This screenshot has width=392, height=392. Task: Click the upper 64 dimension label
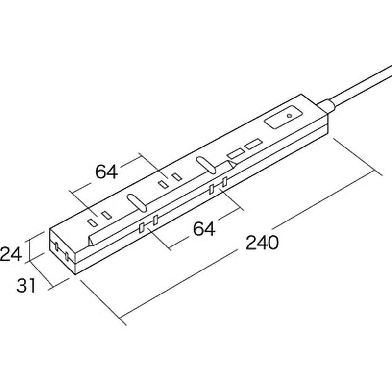(x=106, y=172)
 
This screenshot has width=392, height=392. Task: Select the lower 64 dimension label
(x=204, y=229)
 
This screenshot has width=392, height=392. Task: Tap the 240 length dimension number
(x=262, y=243)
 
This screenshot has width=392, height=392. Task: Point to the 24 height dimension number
(x=10, y=254)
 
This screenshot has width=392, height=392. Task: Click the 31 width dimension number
(x=26, y=286)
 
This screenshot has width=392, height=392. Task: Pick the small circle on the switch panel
(x=290, y=116)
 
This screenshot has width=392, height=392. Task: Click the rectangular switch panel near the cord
(x=284, y=118)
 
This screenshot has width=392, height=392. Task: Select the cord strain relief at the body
(x=326, y=106)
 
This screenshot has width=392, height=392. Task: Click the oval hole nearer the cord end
(x=206, y=165)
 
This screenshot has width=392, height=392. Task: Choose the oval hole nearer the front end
(x=137, y=203)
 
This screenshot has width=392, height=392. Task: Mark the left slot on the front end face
(x=57, y=247)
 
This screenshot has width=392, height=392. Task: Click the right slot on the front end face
(x=67, y=256)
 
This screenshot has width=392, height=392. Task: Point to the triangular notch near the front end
(x=91, y=242)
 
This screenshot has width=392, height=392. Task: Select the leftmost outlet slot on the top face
(x=92, y=223)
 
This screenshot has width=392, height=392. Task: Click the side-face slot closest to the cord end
(x=225, y=182)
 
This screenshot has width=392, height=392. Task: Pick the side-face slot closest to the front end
(x=141, y=228)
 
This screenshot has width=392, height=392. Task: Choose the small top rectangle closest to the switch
(x=253, y=145)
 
